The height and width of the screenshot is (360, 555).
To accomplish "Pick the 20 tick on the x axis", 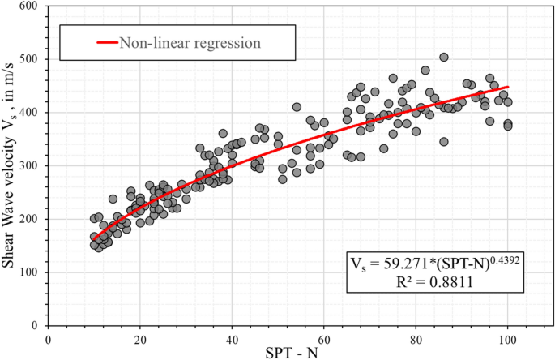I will tap(140, 340).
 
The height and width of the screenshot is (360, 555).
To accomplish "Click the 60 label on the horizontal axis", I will tap(324, 340).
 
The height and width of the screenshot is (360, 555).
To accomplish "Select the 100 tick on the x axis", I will tap(508, 340).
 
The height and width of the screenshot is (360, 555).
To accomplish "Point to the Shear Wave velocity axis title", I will tap(11, 165).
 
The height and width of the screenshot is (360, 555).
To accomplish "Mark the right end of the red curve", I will tap(508, 87).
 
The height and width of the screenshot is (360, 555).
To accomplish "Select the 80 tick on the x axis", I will tap(416, 340).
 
